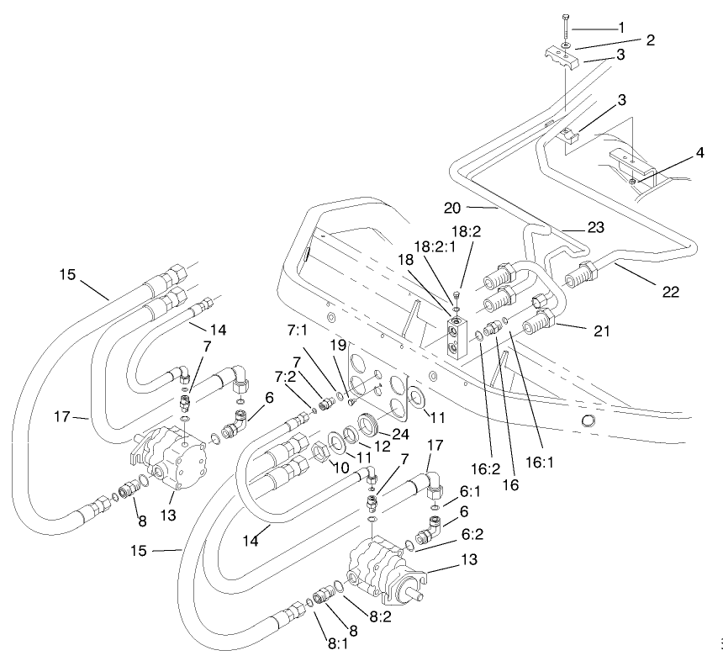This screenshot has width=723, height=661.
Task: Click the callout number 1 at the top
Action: point(621,28)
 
